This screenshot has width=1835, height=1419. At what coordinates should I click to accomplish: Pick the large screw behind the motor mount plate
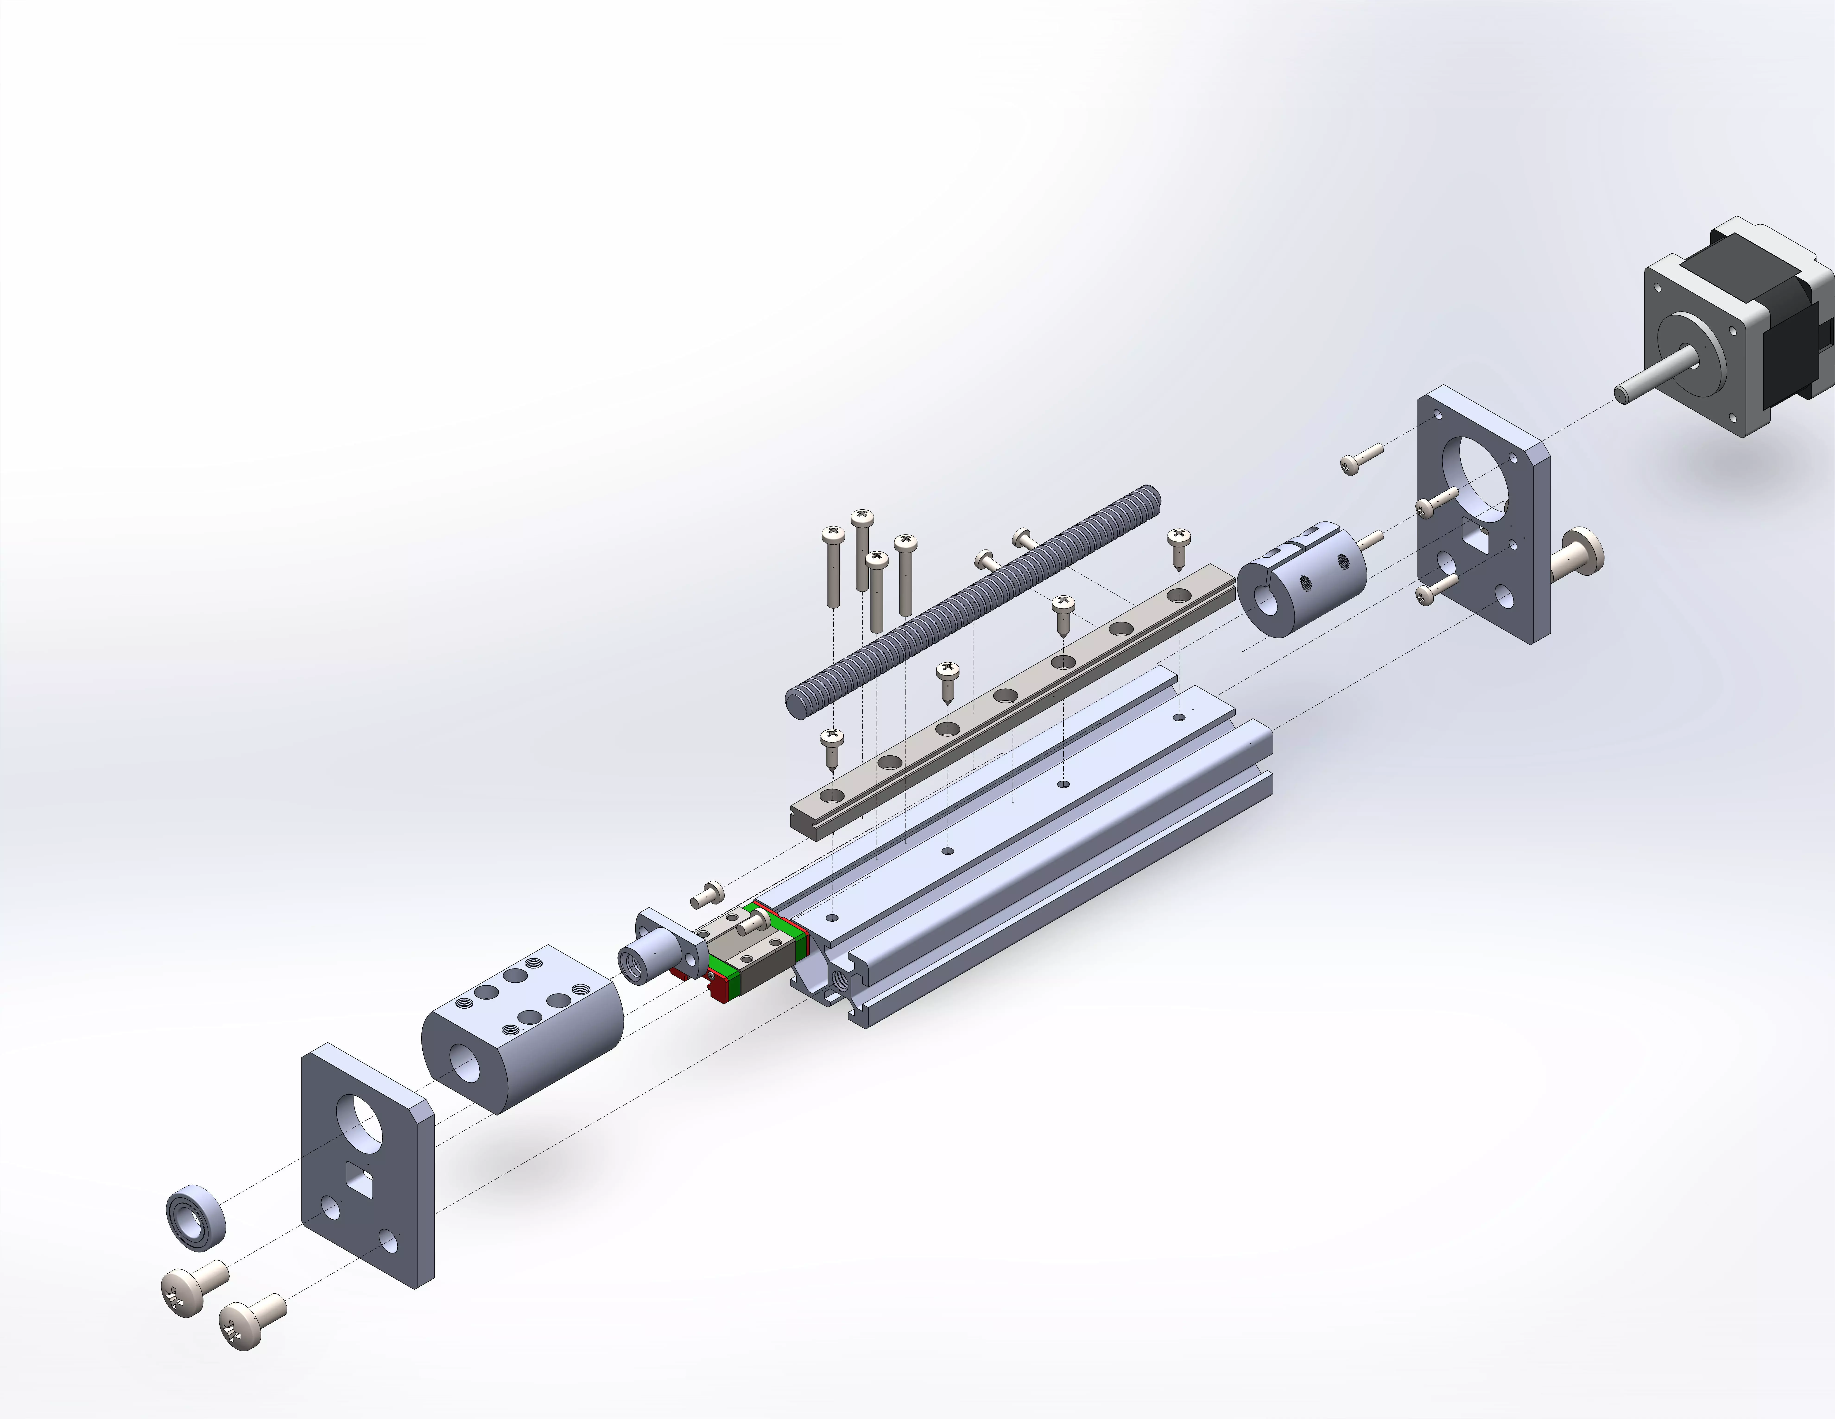pos(1580,555)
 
